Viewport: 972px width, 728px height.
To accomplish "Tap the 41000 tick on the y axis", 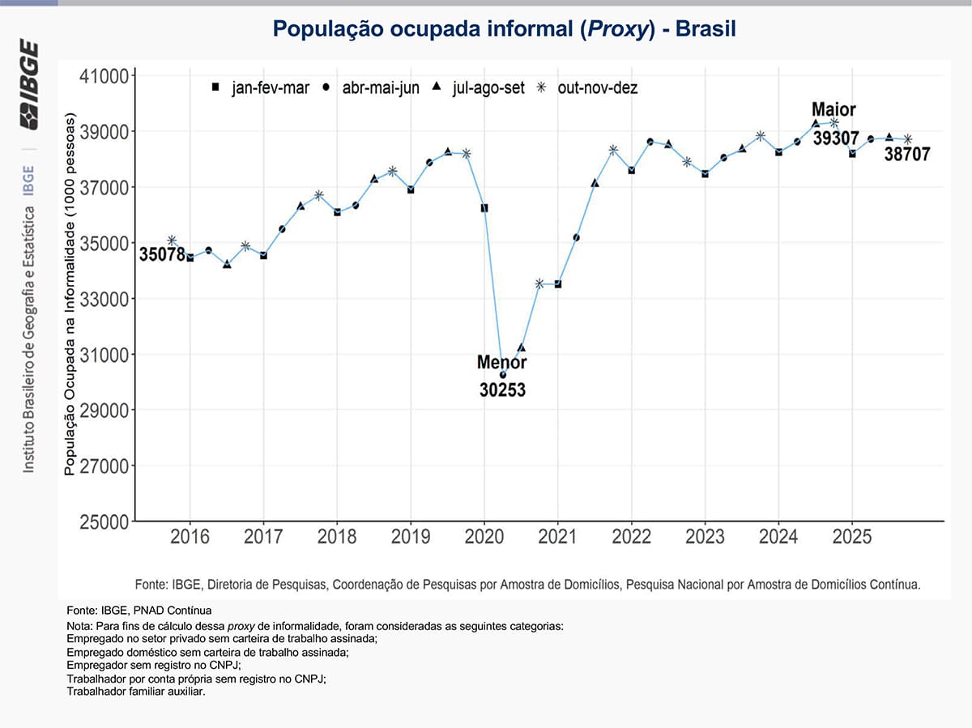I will (104, 76).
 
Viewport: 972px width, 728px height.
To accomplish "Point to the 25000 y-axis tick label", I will (104, 522).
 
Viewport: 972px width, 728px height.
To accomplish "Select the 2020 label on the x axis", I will (484, 538).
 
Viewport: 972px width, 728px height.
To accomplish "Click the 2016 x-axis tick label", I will (190, 538).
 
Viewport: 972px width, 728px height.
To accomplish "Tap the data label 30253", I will (502, 390).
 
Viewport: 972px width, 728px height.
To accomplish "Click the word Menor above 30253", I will (502, 362).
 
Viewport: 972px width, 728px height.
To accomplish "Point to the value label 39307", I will (836, 138).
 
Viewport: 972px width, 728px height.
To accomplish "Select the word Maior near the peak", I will (833, 110).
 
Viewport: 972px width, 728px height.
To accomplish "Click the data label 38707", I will (907, 154).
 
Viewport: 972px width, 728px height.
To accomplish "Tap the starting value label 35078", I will (162, 254).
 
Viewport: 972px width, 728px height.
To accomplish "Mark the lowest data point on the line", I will (503, 375).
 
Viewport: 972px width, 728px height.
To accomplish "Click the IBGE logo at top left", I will (29, 84).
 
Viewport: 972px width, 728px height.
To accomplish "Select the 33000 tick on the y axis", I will (104, 299).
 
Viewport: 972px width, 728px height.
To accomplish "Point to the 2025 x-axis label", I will (851, 538).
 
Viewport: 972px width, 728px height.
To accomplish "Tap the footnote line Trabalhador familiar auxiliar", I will (136, 692).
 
